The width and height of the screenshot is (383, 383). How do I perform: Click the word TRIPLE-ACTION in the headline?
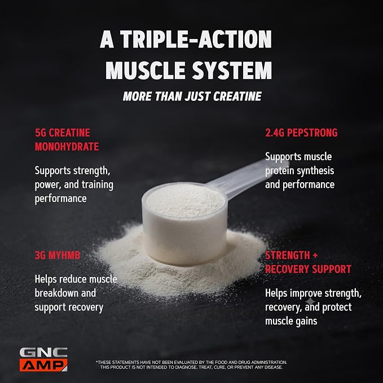click(x=196, y=39)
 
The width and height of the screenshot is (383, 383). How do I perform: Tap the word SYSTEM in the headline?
click(x=232, y=71)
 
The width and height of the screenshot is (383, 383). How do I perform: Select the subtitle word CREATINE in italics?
click(x=237, y=96)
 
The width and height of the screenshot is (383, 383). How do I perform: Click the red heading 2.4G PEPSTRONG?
click(x=301, y=133)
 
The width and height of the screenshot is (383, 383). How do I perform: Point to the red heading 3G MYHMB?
click(x=58, y=256)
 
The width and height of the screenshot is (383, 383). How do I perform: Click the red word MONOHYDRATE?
click(x=67, y=147)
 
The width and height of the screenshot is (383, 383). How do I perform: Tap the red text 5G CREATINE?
click(x=63, y=133)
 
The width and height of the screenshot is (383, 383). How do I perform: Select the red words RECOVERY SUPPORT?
click(x=308, y=269)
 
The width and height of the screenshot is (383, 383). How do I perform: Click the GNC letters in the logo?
click(x=43, y=353)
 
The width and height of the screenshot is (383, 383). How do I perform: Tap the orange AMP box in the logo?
click(x=43, y=365)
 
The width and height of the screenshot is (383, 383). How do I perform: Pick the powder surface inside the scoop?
click(x=186, y=200)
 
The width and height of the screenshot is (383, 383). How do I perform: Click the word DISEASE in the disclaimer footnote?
click(x=273, y=367)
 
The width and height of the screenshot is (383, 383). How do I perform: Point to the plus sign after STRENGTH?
click(x=315, y=256)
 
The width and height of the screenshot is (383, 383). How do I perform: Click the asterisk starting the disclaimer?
click(x=96, y=362)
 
